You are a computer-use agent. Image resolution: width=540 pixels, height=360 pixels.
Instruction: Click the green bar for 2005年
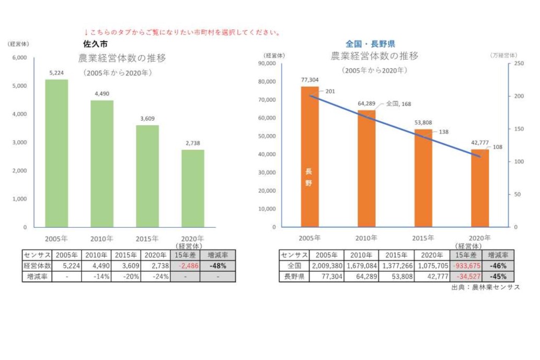pos(56,154)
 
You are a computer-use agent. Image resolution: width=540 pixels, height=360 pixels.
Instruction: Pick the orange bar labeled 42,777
pos(480,188)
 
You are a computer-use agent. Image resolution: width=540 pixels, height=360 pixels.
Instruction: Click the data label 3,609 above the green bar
pos(147,119)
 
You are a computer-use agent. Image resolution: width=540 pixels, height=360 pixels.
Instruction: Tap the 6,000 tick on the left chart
pos(19,57)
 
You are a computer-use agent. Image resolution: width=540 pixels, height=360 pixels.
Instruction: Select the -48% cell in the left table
pos(217,266)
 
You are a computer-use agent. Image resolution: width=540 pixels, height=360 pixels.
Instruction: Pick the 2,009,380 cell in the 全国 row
pos(327,266)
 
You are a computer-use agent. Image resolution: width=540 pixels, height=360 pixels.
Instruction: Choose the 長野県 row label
pos(294,276)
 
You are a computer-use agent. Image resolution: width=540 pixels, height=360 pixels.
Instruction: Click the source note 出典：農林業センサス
pos(485,288)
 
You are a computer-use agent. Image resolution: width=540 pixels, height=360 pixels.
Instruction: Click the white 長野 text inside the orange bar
pos(309,178)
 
